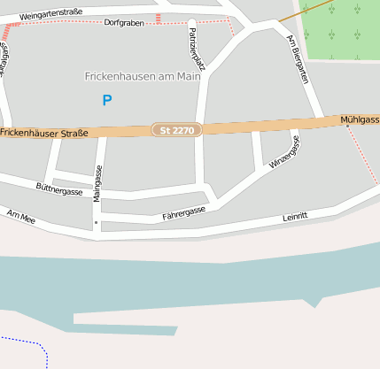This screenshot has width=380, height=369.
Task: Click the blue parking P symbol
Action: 107,101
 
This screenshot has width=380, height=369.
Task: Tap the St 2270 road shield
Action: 177,130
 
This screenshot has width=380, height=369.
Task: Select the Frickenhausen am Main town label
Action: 143,76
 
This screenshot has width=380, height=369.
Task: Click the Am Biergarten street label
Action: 297,58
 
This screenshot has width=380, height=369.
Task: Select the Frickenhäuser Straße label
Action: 44,133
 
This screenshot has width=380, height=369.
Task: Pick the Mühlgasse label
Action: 360,119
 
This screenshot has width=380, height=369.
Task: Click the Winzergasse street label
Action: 284,152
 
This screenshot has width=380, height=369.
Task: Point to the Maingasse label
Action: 97,183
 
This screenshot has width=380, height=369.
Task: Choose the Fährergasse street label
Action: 183,213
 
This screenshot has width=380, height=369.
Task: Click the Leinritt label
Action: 294,216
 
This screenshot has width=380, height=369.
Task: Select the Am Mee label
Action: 20,217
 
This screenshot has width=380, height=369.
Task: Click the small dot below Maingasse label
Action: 96,223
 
